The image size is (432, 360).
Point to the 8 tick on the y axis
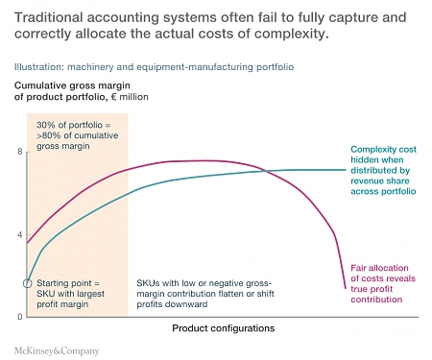point(19,152)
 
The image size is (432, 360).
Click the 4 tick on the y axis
point(19,234)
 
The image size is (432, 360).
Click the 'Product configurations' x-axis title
point(224,328)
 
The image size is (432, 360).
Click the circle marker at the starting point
point(27,283)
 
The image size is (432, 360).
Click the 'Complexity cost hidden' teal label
point(383,171)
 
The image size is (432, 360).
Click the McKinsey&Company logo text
point(57,349)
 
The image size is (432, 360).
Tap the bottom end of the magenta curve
point(345,286)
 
